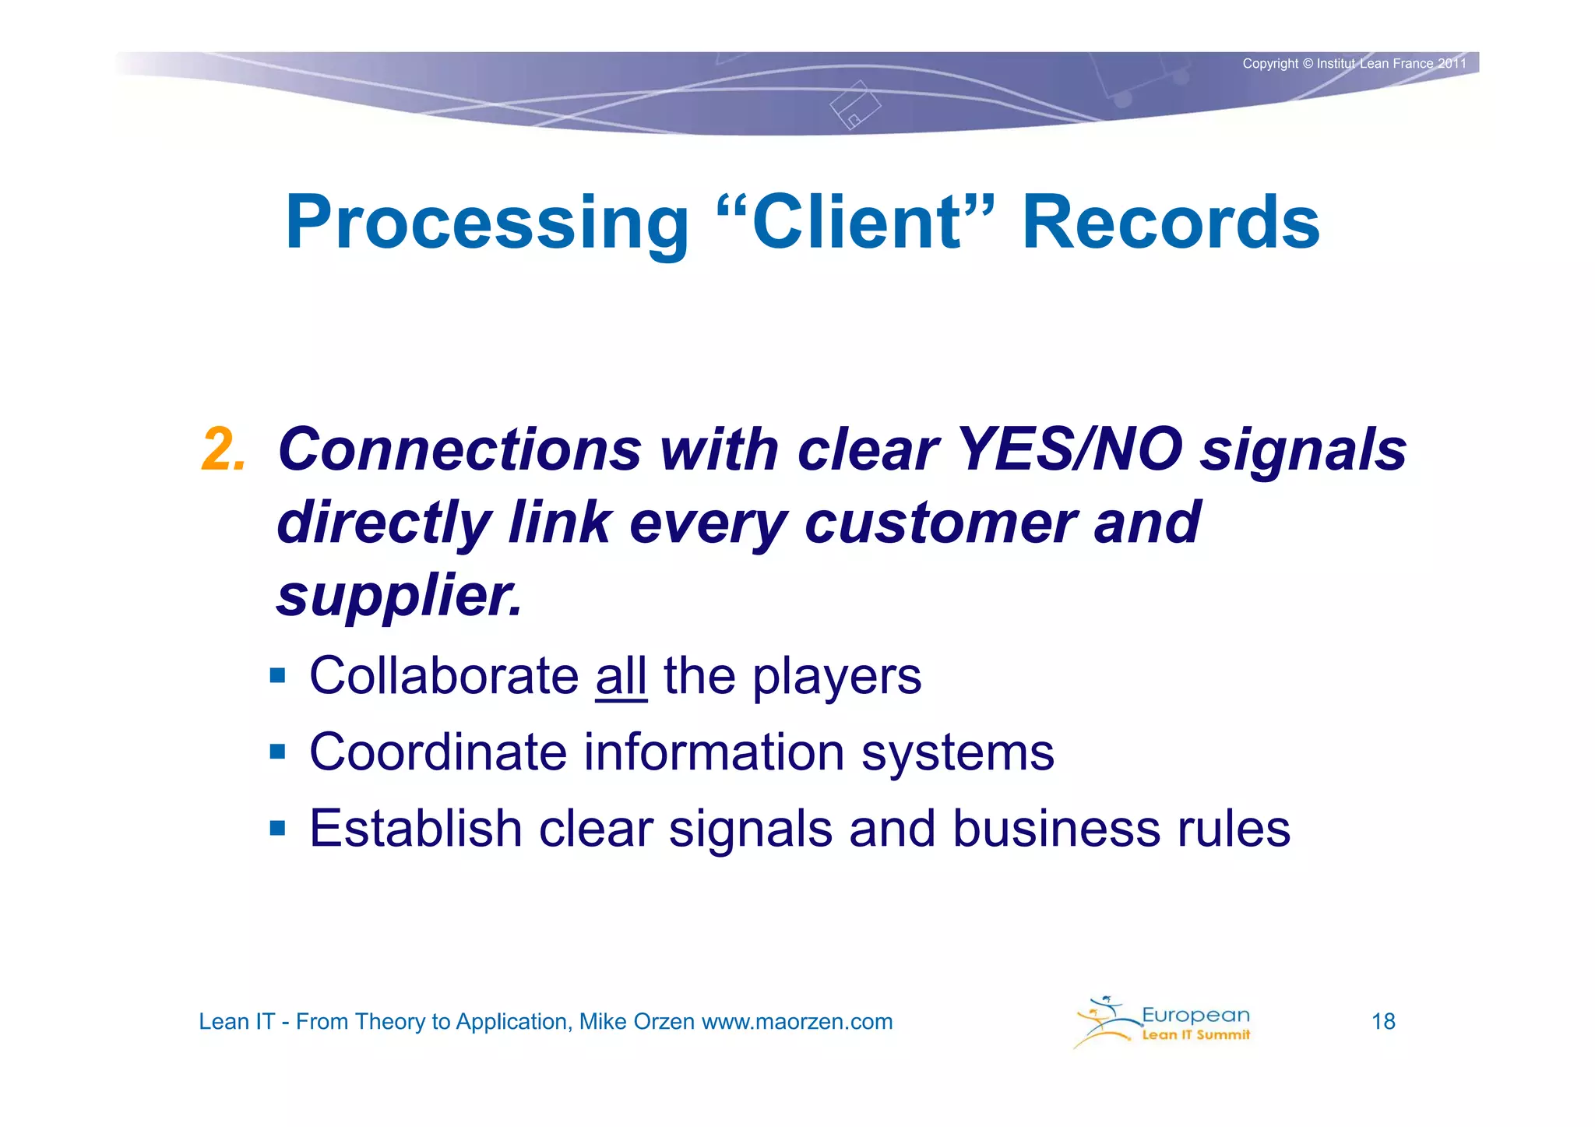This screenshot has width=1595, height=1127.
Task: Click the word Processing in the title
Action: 487,224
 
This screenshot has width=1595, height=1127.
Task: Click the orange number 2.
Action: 224,450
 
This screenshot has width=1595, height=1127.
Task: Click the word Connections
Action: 459,450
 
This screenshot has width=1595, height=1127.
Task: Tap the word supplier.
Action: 398,596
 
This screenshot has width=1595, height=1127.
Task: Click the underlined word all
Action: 621,676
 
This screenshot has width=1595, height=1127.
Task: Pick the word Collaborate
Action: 444,676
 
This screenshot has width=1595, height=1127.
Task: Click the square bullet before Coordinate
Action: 278,752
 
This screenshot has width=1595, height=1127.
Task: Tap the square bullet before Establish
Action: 278,827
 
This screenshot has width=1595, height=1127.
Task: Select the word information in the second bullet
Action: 713,752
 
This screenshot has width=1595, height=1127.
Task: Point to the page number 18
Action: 1382,1021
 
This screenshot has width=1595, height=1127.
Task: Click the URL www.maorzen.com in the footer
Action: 797,1021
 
